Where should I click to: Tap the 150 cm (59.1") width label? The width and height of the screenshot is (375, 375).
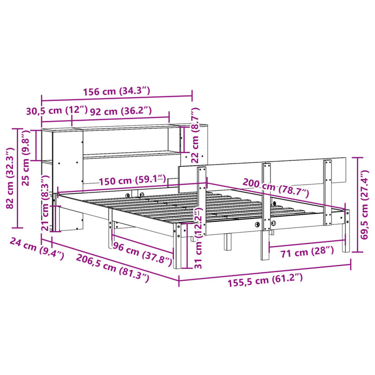tap(132, 180)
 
